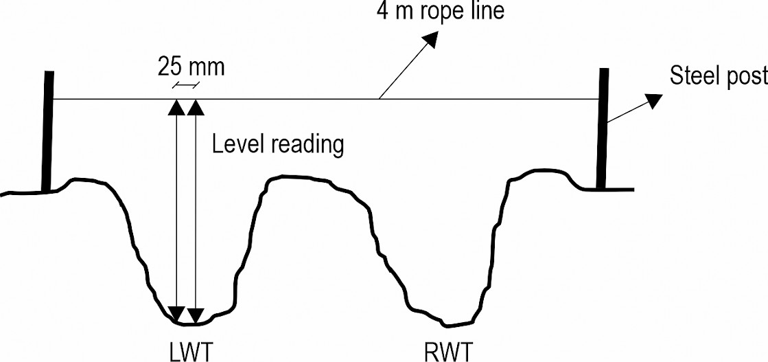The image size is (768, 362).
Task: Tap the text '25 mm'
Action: pos(191,68)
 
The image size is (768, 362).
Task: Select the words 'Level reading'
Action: pos(278,145)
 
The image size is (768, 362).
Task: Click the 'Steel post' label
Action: pos(719,76)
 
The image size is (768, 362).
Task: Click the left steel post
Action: pos(47,131)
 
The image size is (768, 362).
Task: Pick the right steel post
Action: pos(603,128)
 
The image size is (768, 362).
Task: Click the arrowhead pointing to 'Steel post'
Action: pos(653,100)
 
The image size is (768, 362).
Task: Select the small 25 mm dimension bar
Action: pos(185,86)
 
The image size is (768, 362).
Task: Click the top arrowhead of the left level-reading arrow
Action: pos(176,107)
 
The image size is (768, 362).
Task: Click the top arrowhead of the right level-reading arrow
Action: pos(195,107)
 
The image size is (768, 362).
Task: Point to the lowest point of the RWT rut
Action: pos(447,325)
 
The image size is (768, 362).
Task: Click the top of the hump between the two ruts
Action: pos(294,177)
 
